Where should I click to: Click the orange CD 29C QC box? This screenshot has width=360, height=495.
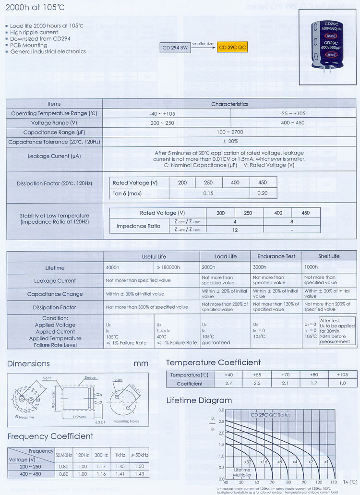click(x=232, y=48)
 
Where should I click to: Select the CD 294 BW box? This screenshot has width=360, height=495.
click(x=175, y=48)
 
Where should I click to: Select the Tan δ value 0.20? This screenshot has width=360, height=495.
click(x=263, y=193)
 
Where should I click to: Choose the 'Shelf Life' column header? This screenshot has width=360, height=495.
click(x=328, y=256)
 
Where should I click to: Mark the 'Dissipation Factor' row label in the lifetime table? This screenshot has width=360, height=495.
click(x=54, y=307)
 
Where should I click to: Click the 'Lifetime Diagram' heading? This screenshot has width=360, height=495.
click(x=199, y=400)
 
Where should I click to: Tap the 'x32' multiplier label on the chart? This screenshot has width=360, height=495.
click(x=248, y=461)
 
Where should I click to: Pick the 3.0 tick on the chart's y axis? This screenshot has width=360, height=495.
click(x=221, y=410)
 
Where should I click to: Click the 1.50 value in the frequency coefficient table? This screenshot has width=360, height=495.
click(x=140, y=466)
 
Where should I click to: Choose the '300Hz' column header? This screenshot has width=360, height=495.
click(x=100, y=454)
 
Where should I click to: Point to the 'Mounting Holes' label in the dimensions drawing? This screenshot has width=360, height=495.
click(x=126, y=421)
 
